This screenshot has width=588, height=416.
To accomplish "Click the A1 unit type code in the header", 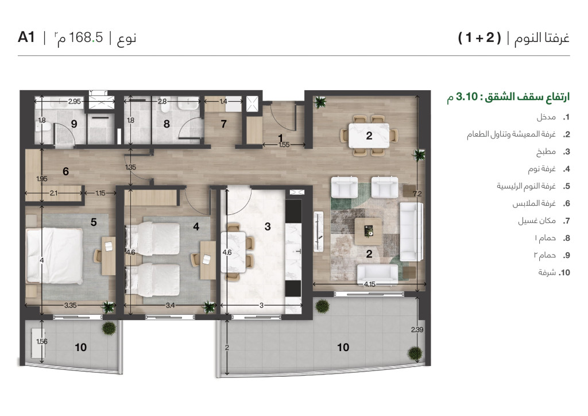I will click(x=26, y=38).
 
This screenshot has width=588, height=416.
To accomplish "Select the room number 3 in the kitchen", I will click(x=268, y=227).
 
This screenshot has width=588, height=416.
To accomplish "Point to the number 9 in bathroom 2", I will click(x=73, y=124).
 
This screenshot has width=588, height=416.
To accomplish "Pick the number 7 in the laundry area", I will click(x=223, y=124).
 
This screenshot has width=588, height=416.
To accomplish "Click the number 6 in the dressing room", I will click(x=65, y=171).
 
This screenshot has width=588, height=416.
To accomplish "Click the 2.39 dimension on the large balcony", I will click(x=417, y=330).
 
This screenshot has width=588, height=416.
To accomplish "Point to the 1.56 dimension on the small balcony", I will click(x=41, y=342).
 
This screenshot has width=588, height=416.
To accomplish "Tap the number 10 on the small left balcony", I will click(x=80, y=347).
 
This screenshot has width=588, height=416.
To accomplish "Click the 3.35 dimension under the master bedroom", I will click(x=71, y=305).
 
